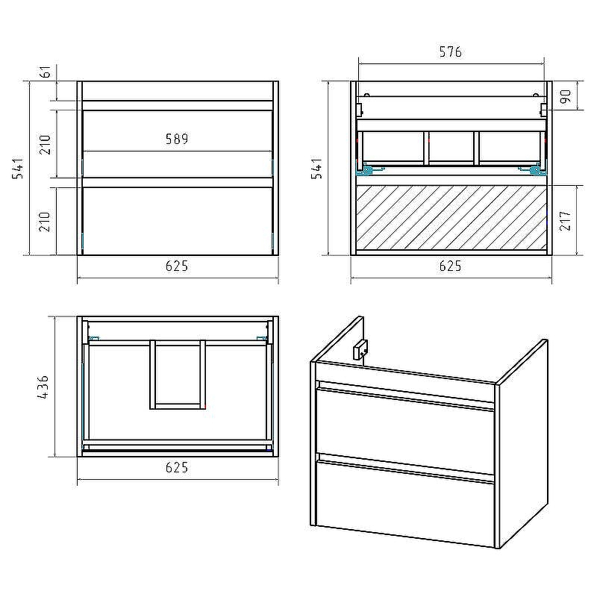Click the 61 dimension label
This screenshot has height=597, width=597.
coord(46,71)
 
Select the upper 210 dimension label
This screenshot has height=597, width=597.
coord(46,144)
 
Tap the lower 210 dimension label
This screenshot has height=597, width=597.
coord(46,222)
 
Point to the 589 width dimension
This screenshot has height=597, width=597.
coord(177,139)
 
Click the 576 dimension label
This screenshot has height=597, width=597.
coord(451,51)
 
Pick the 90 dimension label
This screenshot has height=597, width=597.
coord(566,96)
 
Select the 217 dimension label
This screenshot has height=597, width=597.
coord(566,220)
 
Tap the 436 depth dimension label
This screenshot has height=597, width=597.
coord(43,387)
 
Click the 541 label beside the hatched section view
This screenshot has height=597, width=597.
coord(316,169)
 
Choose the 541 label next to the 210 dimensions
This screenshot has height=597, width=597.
coord(18,169)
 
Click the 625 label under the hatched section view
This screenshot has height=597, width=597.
coord(451,266)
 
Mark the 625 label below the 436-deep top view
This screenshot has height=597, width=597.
coord(177,467)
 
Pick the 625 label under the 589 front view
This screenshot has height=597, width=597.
coord(177,266)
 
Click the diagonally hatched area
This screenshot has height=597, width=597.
coord(451,217)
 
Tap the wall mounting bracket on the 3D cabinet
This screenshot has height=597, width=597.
coord(360,348)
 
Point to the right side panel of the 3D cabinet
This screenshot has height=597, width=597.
coord(524,443)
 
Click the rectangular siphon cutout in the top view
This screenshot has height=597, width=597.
coord(178,375)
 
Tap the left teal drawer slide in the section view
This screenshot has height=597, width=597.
coord(366,169)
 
